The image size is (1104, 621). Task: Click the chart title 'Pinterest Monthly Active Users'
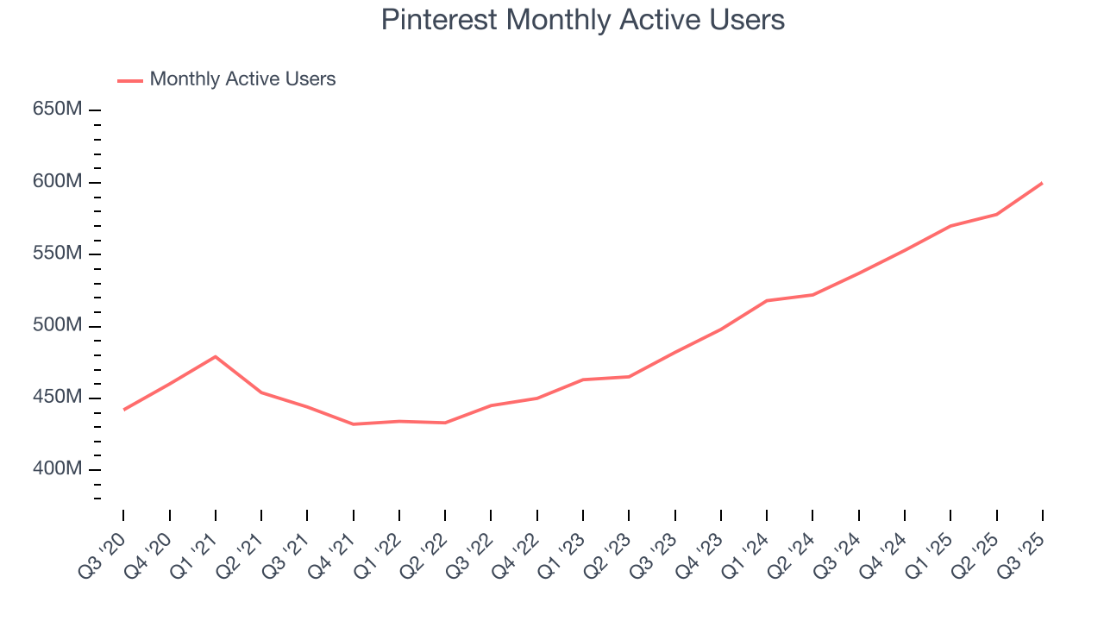(582, 20)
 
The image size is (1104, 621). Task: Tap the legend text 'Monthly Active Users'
(242, 79)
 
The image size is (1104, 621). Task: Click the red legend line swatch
(130, 80)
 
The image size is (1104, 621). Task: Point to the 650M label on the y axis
(58, 110)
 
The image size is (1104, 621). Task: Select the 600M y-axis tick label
(58, 182)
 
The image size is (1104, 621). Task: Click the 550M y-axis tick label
(58, 254)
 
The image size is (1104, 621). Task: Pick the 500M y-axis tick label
(58, 326)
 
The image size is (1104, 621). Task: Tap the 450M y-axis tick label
(58, 398)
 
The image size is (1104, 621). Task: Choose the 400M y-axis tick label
(58, 469)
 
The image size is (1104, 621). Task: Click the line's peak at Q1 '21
(215, 356)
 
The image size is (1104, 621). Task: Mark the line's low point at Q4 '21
(353, 424)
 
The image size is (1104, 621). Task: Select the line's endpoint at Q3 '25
(1042, 183)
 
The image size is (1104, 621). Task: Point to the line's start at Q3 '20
(123, 410)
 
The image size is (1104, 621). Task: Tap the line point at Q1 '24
(767, 300)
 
